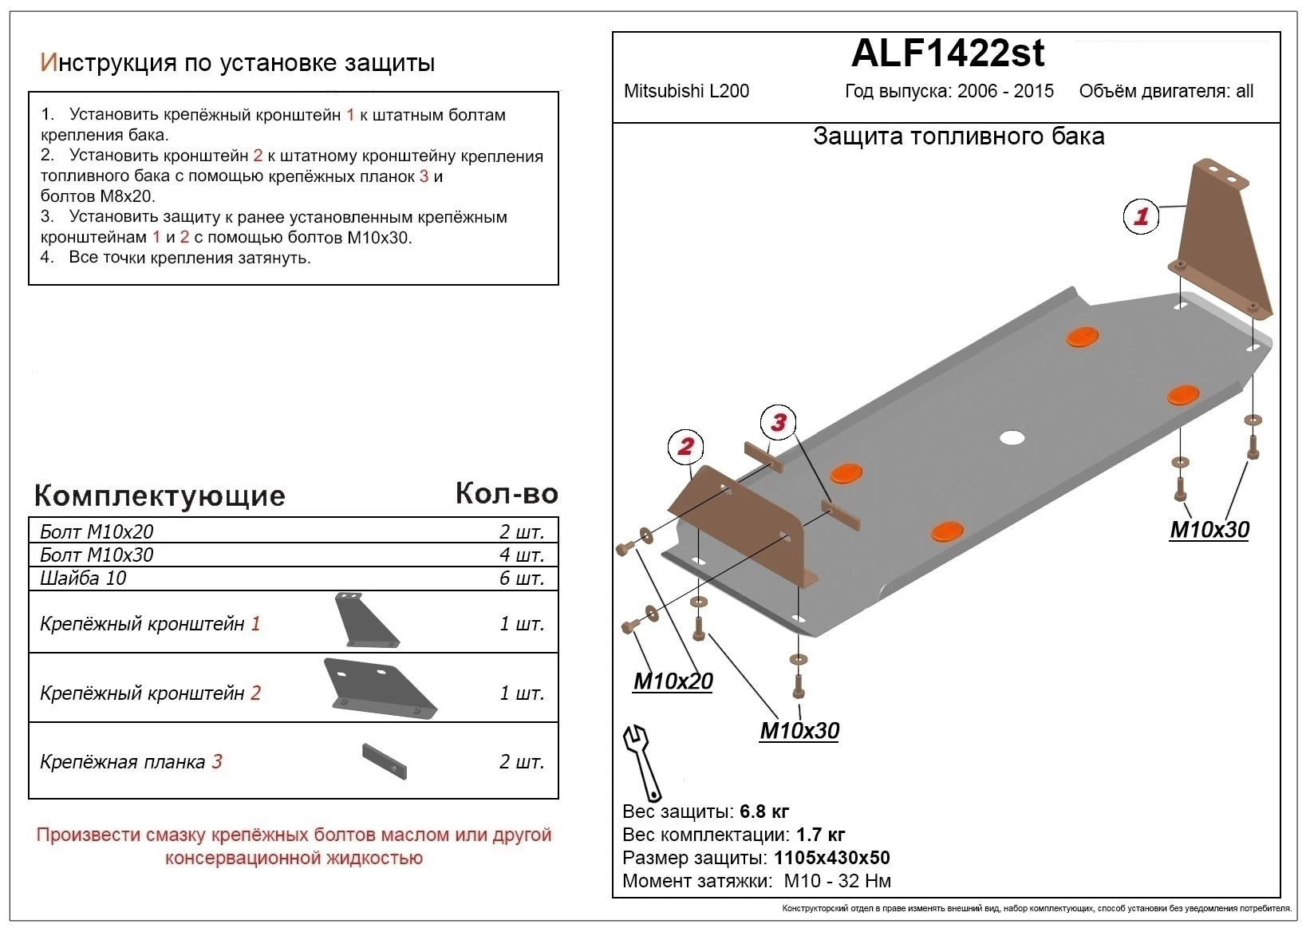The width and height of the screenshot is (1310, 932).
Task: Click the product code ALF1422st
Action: tap(947, 53)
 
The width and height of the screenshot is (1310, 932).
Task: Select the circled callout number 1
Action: tap(1141, 216)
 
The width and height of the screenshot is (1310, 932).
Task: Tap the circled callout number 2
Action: tap(685, 446)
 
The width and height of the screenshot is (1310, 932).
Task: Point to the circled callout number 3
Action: tap(779, 422)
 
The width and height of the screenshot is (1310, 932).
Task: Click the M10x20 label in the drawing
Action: tap(673, 681)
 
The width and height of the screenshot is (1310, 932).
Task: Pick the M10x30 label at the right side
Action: tap(1209, 530)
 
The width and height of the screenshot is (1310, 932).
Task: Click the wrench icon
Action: tap(641, 763)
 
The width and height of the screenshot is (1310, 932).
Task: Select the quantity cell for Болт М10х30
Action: tap(521, 555)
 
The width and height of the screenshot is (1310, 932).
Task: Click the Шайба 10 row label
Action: tap(83, 578)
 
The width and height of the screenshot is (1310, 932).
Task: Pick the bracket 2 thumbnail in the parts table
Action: tap(380, 688)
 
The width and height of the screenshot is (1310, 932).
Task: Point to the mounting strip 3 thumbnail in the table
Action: tap(385, 761)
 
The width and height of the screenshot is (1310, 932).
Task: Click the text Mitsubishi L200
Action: tap(686, 91)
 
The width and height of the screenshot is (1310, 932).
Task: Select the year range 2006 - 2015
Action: tap(1005, 91)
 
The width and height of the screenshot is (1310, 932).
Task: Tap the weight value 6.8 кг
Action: tap(764, 812)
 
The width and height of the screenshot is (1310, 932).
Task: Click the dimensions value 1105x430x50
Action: tap(831, 858)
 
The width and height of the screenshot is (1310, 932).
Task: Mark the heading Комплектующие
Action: tap(160, 496)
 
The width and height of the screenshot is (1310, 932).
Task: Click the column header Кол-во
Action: tap(506, 494)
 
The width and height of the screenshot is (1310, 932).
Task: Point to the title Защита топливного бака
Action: tap(958, 136)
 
